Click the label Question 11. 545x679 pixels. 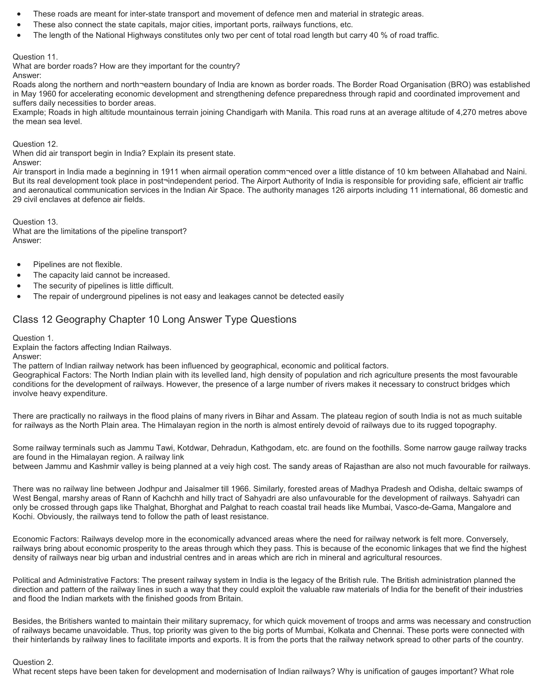pos(35,57)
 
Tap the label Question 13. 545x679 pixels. pos(35,222)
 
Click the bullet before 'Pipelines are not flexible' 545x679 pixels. pos(20,265)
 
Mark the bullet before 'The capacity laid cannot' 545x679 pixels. pos(20,276)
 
